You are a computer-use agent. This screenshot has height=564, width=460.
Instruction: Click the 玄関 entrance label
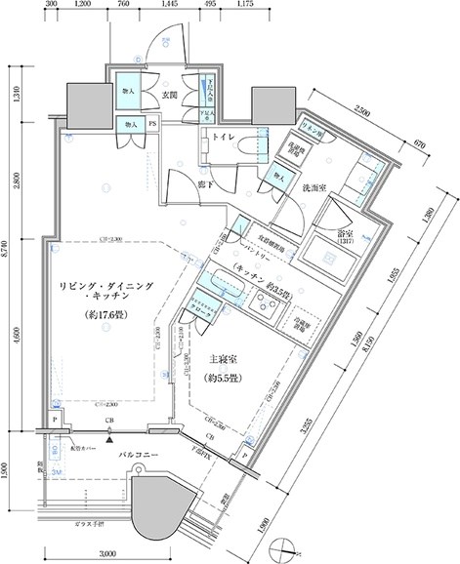click(x=170, y=96)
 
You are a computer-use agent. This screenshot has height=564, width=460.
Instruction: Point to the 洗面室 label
click(x=313, y=186)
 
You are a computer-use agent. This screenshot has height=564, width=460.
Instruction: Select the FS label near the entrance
click(x=151, y=124)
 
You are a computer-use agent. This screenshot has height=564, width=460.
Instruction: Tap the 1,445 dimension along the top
click(x=168, y=6)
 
